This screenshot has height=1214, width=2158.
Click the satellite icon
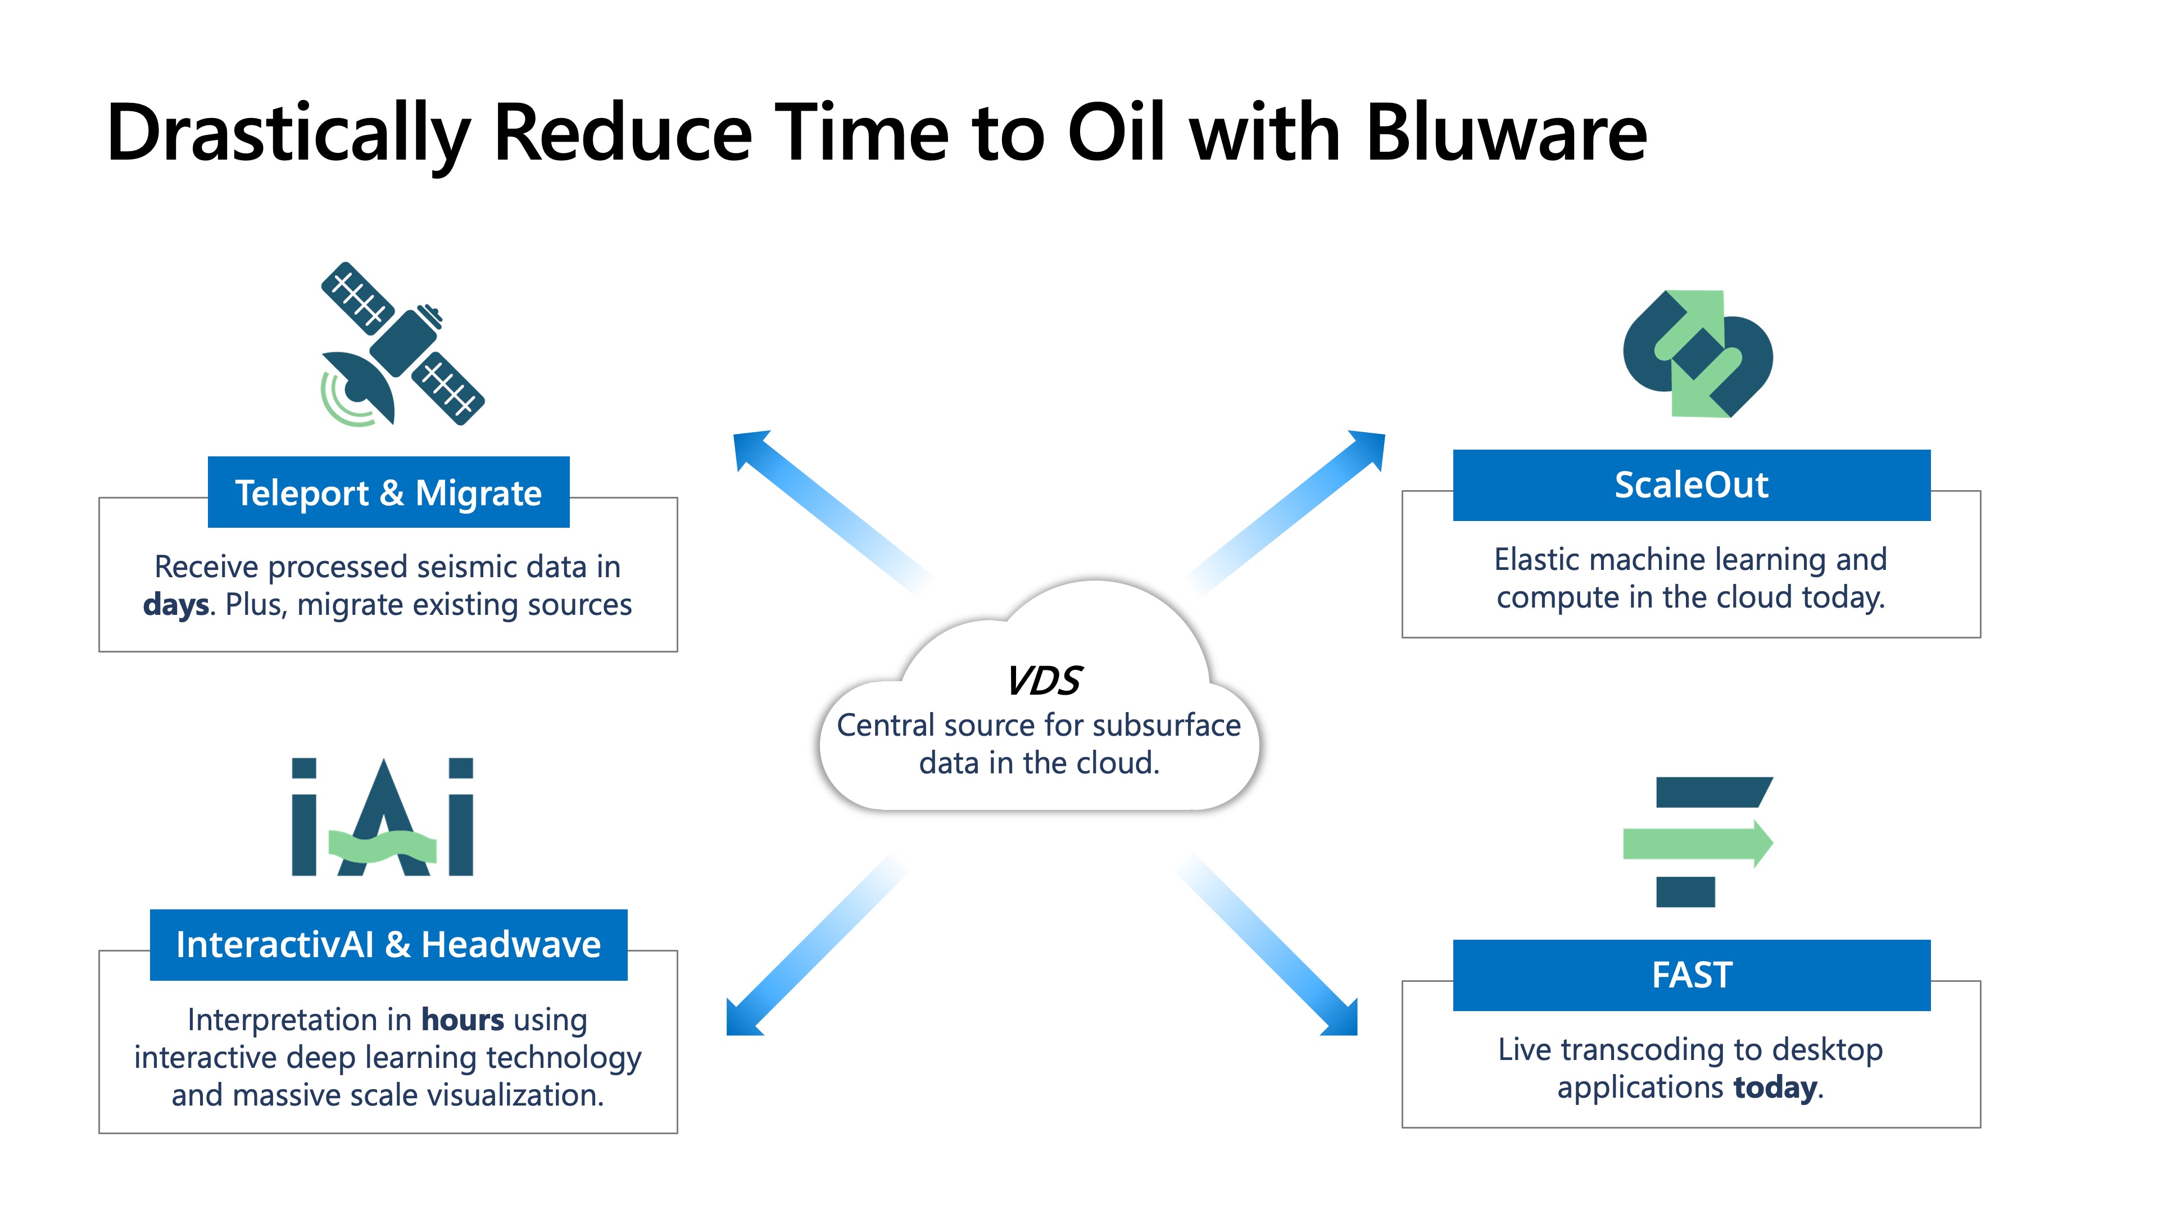402,343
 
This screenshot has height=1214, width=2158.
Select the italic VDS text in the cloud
1044,680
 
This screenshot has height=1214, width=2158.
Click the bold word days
175,605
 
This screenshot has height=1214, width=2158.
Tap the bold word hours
463,1020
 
